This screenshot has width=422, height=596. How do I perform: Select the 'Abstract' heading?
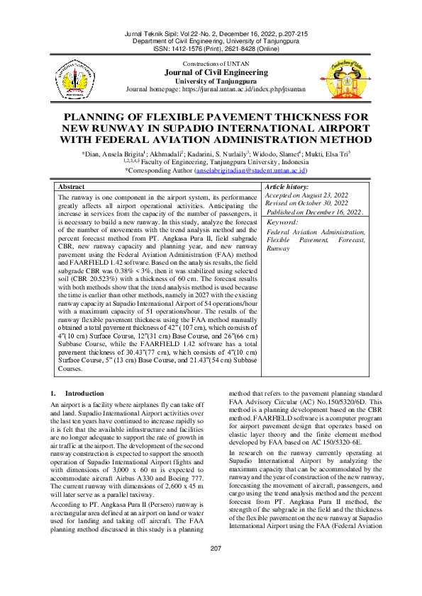point(71,185)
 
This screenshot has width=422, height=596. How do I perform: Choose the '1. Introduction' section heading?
point(74,393)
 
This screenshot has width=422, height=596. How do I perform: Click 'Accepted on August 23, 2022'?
point(306,194)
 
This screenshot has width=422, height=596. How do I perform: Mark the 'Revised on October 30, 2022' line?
point(306,202)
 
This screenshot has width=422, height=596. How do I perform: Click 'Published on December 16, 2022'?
point(314,211)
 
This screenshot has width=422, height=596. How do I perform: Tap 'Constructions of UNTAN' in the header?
point(211,64)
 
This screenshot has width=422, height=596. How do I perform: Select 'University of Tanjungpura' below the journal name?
point(211,81)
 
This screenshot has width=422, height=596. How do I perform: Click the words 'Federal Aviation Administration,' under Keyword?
point(316,232)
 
